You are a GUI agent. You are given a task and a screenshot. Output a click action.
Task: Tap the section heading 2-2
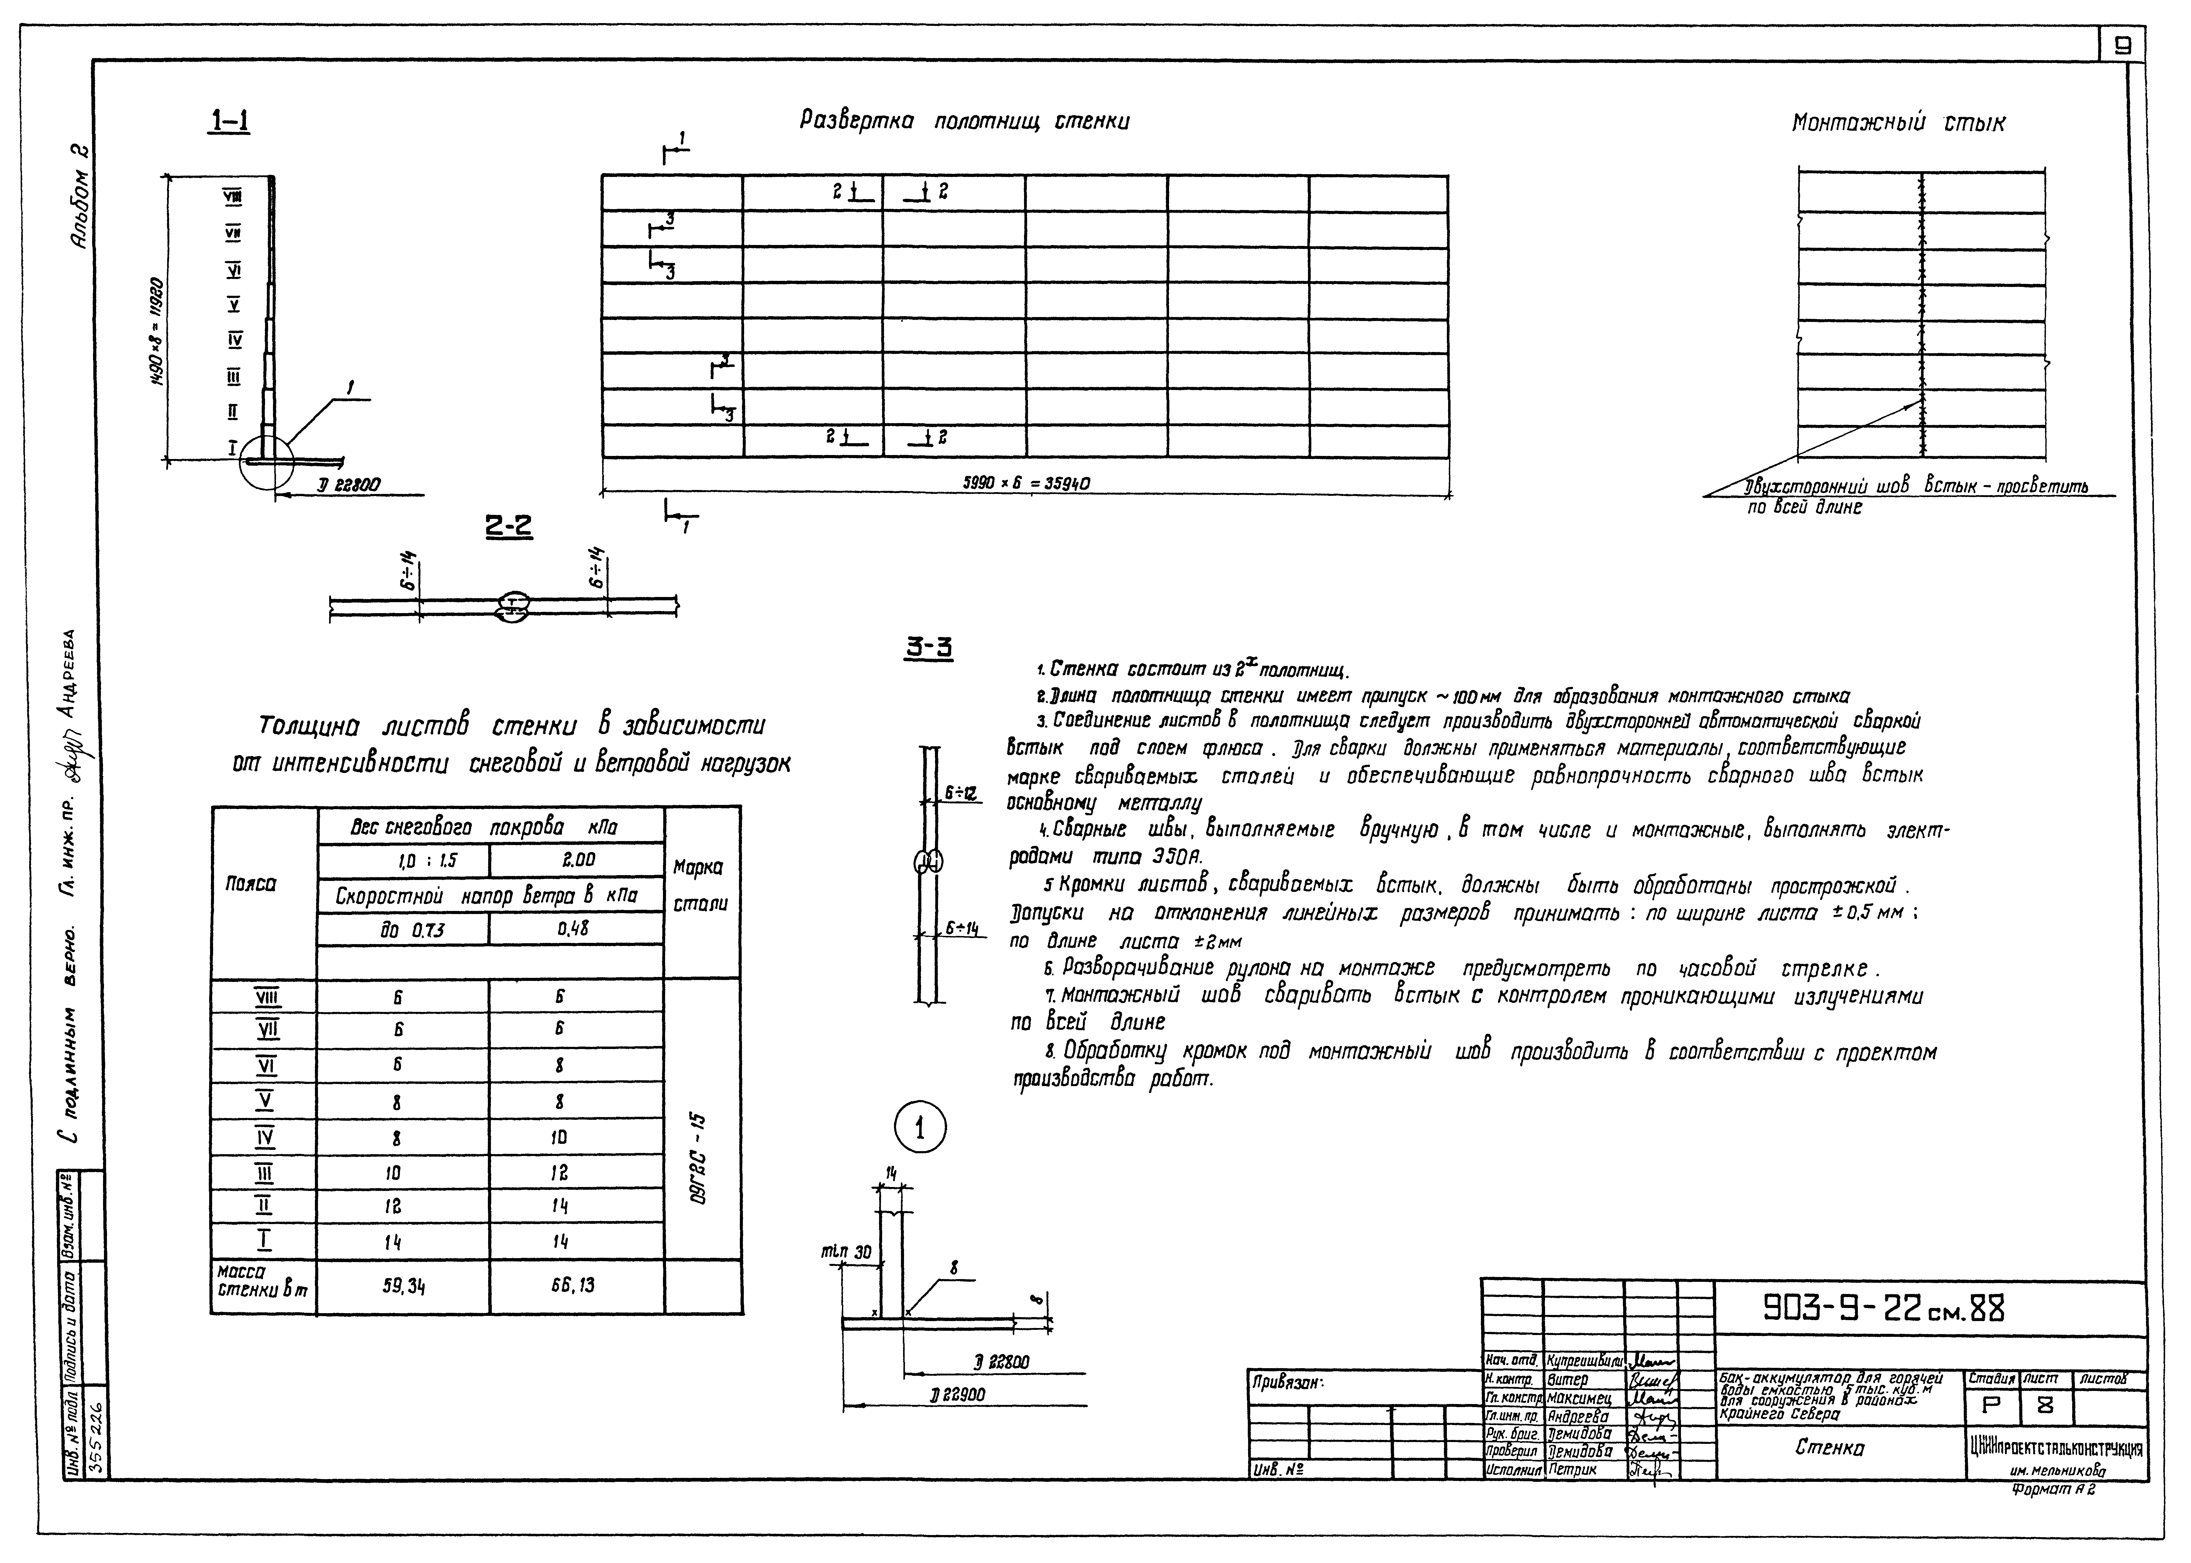coord(508,526)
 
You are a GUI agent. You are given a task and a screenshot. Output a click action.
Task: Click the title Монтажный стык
coord(1898,123)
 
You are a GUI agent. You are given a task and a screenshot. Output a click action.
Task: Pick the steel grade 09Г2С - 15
coord(699,1158)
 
